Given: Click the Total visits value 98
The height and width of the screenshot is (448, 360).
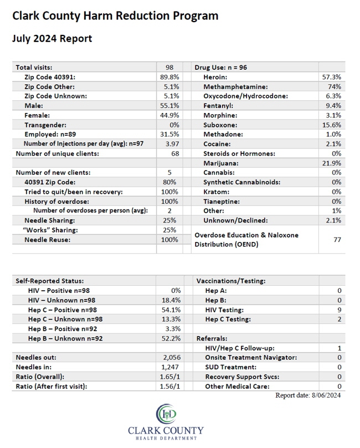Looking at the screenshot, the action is point(169,68).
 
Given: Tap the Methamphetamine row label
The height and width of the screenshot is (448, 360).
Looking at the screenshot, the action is point(235,87).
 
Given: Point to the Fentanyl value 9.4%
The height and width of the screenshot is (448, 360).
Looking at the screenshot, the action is point(333,106).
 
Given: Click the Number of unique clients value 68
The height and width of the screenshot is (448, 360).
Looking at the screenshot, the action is point(175,154).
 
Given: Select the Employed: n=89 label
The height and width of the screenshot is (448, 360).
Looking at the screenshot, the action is point(50,134).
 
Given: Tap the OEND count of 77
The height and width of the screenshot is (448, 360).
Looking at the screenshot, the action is point(337,240).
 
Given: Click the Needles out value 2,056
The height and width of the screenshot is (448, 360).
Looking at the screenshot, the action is point(172,357).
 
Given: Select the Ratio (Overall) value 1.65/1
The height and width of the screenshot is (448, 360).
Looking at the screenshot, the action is point(170,377).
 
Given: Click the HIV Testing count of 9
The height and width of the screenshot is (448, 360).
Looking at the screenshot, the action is point(340,310).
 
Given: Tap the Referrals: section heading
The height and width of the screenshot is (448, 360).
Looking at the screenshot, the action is point(212,338).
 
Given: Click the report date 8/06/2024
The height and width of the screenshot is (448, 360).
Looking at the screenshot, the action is point(326,395).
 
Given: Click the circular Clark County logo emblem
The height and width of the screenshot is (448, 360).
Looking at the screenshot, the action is point(166,414).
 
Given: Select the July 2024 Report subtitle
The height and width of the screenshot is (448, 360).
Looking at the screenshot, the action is point(52,39).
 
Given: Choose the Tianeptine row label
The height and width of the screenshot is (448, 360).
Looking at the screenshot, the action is point(222,202).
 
